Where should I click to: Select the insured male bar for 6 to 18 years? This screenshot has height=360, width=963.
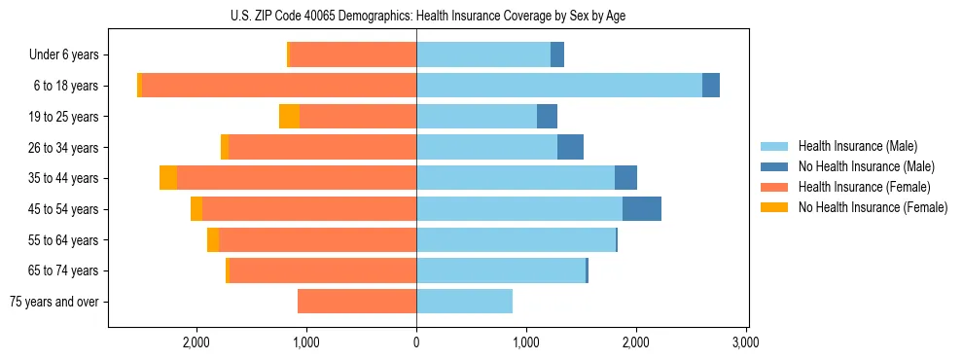tap(559, 86)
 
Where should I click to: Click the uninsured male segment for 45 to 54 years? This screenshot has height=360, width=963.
tap(642, 209)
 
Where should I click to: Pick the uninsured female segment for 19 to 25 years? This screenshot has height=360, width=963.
tap(289, 117)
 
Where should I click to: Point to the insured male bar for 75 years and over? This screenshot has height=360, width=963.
tap(464, 302)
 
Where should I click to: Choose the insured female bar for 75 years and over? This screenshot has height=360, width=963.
tap(357, 302)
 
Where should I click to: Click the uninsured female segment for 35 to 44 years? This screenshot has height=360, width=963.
tap(168, 178)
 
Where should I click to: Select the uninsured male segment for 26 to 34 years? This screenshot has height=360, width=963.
tap(570, 147)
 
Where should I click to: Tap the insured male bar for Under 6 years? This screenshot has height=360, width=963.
tap(483, 54)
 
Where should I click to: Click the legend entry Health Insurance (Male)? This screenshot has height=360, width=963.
tap(857, 146)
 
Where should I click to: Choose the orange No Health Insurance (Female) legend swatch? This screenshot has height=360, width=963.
tap(774, 207)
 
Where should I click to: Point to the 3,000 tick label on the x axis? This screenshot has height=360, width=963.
tap(745, 342)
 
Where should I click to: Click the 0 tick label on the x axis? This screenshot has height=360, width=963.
tap(416, 342)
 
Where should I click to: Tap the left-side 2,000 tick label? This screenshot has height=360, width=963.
tap(196, 342)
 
